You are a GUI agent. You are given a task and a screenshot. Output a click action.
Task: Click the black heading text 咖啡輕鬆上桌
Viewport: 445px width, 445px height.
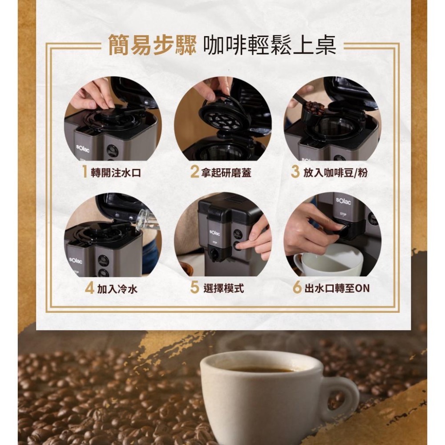point(269,46)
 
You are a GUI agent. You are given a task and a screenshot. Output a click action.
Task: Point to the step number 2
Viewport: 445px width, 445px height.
point(194,172)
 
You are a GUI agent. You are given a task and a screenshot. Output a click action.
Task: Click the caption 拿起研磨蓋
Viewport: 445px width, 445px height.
point(226,173)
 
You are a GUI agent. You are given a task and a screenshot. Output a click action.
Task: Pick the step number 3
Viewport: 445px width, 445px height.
point(295,172)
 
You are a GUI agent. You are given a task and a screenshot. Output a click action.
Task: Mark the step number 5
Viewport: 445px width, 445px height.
point(194,288)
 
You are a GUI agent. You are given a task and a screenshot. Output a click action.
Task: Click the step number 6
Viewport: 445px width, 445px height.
point(297,288)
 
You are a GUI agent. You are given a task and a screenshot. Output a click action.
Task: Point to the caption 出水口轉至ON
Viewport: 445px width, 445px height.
point(337,289)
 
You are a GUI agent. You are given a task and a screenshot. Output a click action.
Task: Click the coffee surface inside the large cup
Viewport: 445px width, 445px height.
point(260,369)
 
